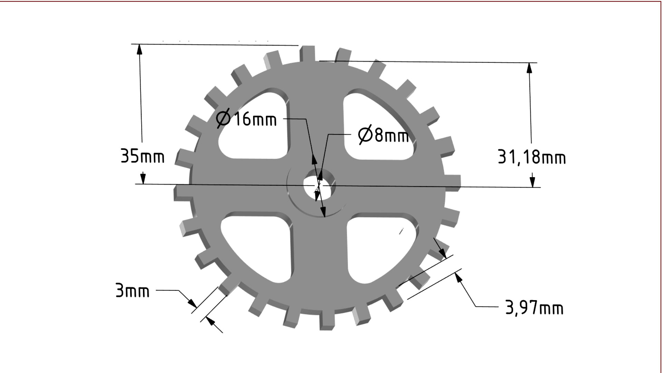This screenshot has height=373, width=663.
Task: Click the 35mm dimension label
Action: (142, 156)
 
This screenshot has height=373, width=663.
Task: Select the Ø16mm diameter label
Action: (247, 119)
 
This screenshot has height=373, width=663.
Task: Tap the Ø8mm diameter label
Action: (383, 135)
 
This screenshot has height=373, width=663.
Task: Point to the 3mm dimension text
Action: (132, 291)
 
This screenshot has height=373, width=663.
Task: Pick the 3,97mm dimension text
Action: (534, 308)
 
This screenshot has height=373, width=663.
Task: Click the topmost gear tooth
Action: (307, 54)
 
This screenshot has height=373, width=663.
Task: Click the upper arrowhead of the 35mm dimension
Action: (140, 50)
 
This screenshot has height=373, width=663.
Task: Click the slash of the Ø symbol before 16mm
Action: (223, 118)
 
